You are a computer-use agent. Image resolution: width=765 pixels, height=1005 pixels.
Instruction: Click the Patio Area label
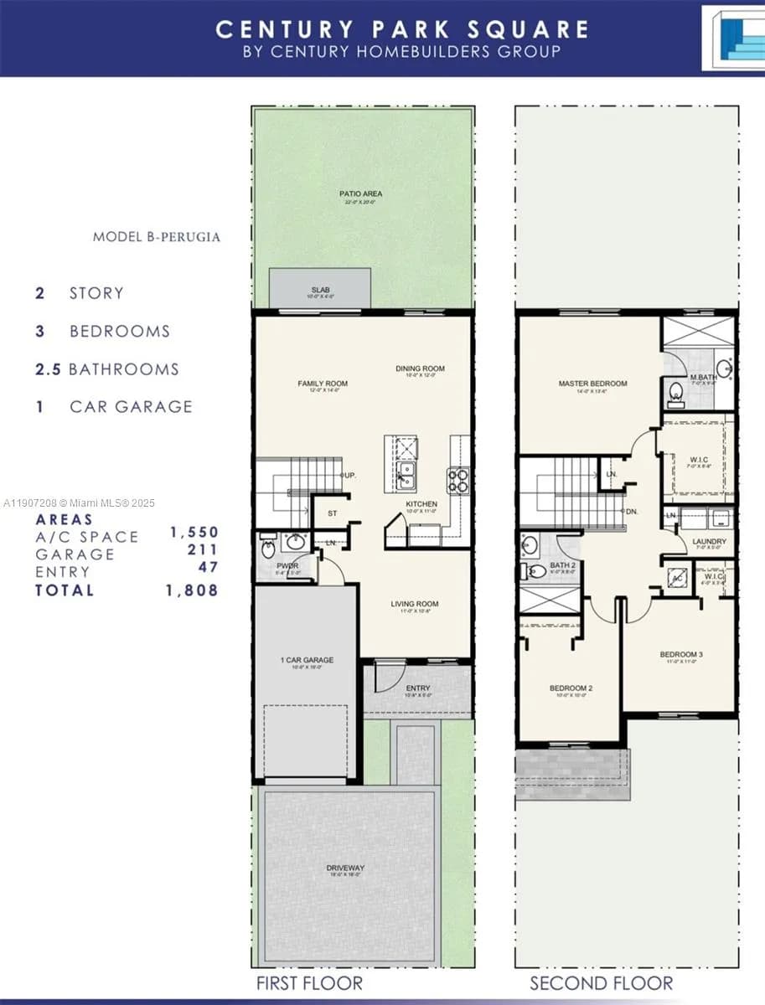click(361, 194)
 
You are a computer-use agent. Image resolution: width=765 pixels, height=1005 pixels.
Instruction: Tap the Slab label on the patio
click(319, 291)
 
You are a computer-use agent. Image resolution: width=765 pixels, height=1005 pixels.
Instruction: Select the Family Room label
click(323, 384)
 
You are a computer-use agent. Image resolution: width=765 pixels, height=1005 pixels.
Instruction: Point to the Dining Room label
click(420, 368)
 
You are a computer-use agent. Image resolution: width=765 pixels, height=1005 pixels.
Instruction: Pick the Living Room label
click(414, 604)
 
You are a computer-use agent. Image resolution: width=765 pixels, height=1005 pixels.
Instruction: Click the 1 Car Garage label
click(307, 661)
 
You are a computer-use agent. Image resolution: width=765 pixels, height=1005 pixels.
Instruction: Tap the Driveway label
click(346, 868)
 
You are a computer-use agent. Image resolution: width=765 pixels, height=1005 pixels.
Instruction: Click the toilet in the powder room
click(268, 550)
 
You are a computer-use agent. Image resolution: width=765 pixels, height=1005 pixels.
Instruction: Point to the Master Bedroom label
click(592, 384)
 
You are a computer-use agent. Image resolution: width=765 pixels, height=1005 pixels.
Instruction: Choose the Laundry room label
click(709, 542)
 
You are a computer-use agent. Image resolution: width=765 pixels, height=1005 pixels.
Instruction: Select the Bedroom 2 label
click(571, 688)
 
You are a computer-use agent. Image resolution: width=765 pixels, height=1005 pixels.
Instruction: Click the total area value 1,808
click(194, 590)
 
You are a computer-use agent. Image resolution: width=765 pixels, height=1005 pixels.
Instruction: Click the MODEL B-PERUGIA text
click(157, 237)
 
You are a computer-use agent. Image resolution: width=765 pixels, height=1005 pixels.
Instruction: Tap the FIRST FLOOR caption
click(310, 983)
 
